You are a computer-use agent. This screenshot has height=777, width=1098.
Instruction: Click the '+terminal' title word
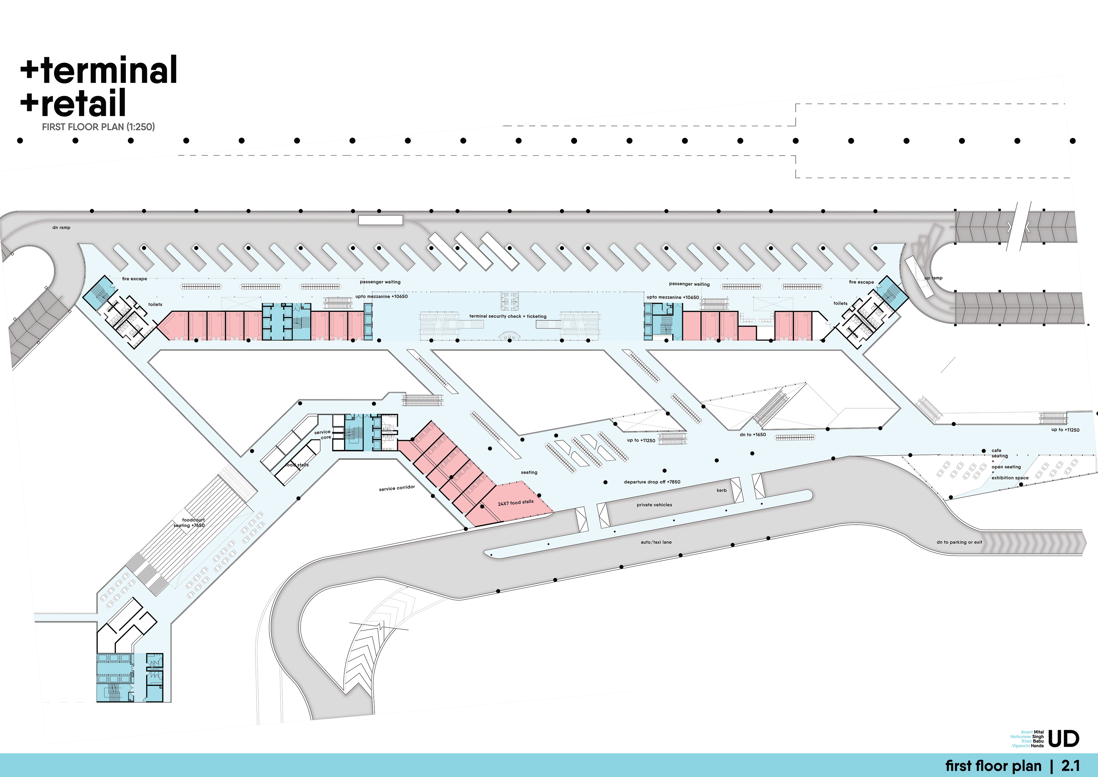(99, 70)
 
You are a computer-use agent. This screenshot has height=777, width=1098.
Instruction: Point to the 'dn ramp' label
(61, 228)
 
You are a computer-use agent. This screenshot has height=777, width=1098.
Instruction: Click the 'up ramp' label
(934, 278)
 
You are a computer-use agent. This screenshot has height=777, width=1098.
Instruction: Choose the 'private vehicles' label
(654, 505)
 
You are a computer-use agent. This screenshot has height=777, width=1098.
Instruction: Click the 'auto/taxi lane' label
(656, 542)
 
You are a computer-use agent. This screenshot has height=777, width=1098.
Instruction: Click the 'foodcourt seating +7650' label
(190, 522)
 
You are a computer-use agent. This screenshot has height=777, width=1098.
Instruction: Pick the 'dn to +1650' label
(752, 435)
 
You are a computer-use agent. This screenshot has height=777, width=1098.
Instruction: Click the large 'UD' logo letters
(1064, 739)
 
